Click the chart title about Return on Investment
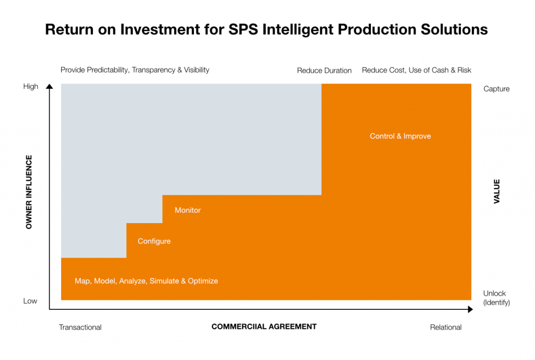tap(266, 29)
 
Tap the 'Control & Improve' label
tap(400, 136)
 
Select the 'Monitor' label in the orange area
tap(188, 210)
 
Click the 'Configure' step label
tap(154, 241)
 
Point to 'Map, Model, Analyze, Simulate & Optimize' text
tap(146, 281)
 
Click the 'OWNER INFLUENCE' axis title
tap(29, 192)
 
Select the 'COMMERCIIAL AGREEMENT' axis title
tap(264, 327)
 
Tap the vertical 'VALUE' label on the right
tap(496, 191)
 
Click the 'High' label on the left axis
tap(31, 86)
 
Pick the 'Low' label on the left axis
tap(30, 301)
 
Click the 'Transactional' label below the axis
tap(80, 328)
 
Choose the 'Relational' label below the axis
tap(446, 328)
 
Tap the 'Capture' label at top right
tap(496, 89)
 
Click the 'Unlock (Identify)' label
tap(496, 298)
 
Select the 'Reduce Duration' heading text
tap(324, 71)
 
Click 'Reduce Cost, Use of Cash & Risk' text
tap(416, 70)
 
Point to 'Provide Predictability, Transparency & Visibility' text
tap(135, 69)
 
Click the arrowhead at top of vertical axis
tap(49, 87)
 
